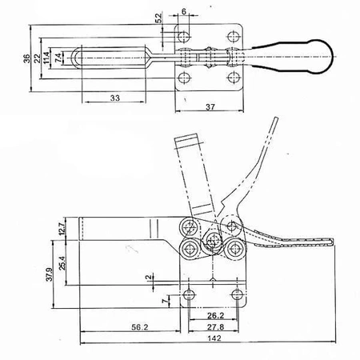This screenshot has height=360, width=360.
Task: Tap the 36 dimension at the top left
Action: [x=27, y=58]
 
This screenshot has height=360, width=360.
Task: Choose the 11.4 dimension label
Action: [x=46, y=58]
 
